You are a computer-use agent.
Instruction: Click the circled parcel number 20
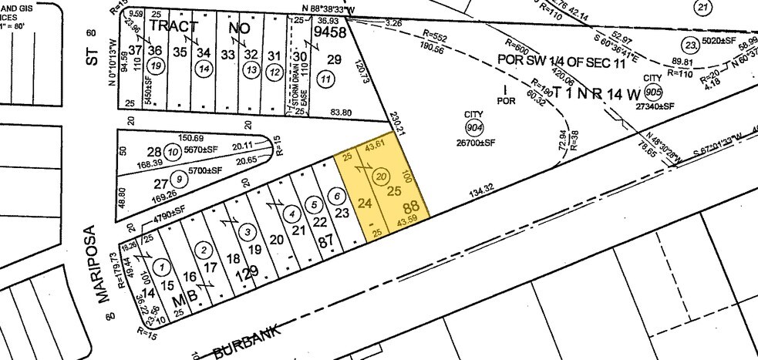tap(381, 177)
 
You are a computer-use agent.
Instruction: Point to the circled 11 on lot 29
tap(326, 79)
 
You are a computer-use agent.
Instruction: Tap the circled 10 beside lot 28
tap(173, 151)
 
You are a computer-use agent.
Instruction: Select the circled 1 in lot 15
tap(160, 267)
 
